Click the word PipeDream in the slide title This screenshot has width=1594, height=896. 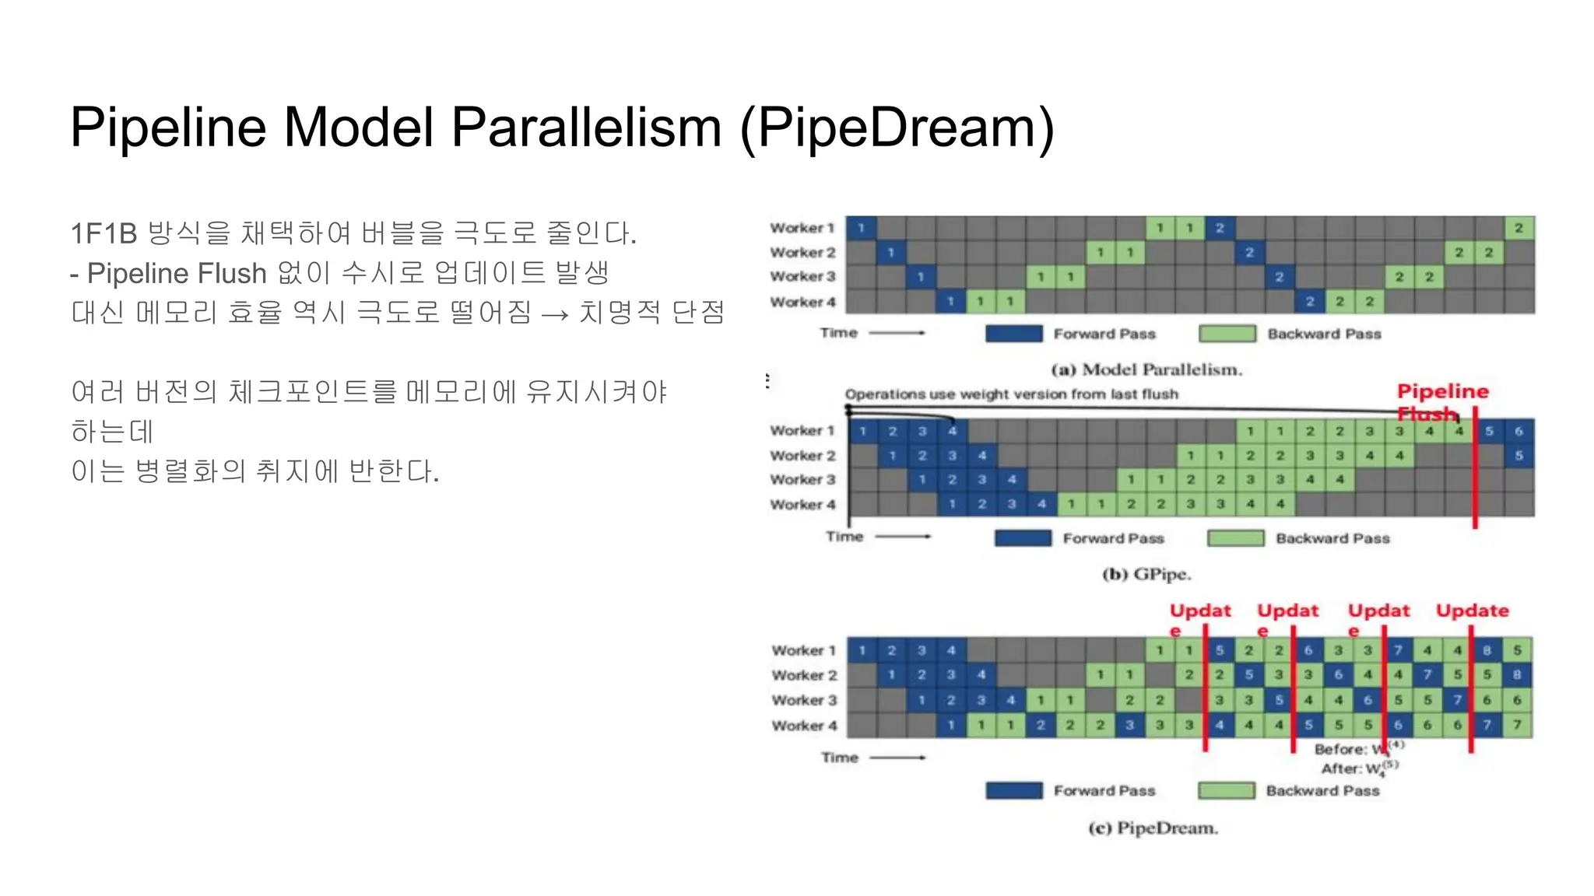(x=896, y=127)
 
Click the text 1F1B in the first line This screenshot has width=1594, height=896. (x=103, y=233)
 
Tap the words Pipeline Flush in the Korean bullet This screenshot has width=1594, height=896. (x=177, y=273)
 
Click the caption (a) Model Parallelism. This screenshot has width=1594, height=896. (x=1146, y=369)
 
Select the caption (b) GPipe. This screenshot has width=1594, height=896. (x=1146, y=574)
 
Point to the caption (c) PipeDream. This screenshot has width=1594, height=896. (x=1152, y=828)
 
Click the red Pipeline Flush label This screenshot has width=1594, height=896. (x=1441, y=392)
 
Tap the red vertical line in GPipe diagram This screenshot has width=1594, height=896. (x=1474, y=482)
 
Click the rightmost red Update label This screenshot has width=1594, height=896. (x=1472, y=611)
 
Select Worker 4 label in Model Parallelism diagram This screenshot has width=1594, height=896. (x=802, y=302)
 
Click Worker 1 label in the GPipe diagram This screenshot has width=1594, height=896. (x=802, y=430)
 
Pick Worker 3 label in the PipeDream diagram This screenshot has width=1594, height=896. (x=804, y=700)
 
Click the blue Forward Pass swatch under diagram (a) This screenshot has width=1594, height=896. (x=1013, y=334)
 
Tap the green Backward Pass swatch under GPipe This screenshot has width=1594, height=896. (x=1235, y=538)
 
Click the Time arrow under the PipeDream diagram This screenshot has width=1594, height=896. (x=897, y=757)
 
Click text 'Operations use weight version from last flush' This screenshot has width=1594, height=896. (x=1011, y=394)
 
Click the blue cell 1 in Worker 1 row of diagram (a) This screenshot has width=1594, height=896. (x=861, y=228)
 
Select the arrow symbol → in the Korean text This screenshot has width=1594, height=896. (x=555, y=313)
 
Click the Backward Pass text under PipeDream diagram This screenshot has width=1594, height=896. (x=1322, y=790)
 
